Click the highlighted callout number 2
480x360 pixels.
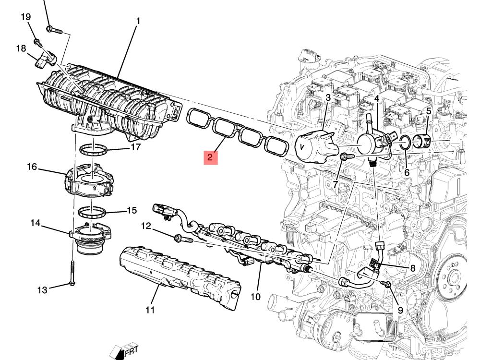point(210,157)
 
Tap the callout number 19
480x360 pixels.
point(26,17)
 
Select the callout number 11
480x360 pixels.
point(150,310)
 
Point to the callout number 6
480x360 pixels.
point(407,173)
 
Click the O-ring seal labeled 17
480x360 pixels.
point(94,150)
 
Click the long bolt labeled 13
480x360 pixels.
point(72,273)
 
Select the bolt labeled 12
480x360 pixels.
point(183,239)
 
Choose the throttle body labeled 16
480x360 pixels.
point(89,180)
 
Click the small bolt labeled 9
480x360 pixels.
point(386,284)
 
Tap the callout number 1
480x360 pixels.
point(138,21)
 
